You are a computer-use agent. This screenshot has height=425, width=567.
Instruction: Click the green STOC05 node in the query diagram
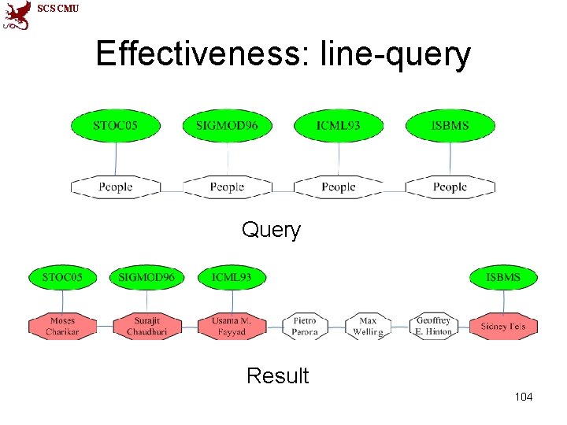coord(116,125)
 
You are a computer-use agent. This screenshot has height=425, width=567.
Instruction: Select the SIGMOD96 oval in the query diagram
coord(227,125)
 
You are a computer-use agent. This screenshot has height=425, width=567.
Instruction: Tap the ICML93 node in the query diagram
coord(339,125)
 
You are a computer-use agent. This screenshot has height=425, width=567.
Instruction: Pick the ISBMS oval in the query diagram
coord(450,125)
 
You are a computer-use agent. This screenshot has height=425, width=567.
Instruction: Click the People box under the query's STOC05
coord(116,187)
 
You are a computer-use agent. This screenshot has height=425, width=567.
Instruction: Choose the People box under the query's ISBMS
coord(450,187)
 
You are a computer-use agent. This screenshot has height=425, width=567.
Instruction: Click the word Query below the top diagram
coord(271,230)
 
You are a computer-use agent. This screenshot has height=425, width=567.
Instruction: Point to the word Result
coord(277,376)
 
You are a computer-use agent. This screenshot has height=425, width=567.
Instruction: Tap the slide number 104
coord(523,397)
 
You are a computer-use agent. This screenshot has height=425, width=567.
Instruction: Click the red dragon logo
coord(17,14)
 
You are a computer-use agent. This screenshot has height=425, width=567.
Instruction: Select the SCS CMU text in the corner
coord(57,8)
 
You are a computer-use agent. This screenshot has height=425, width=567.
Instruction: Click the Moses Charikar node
coord(62,326)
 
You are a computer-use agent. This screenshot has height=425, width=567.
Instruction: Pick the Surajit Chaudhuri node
coord(146,326)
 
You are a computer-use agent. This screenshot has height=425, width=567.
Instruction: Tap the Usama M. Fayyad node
coord(231,326)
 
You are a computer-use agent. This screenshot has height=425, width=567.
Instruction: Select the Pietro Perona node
coord(305,326)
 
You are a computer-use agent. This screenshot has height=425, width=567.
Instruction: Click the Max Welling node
coord(368,326)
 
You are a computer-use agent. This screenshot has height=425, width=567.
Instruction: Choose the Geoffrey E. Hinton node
coord(433,326)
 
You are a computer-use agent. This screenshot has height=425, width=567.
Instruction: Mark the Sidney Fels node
coord(502,326)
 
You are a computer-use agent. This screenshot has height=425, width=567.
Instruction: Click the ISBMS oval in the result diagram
coord(502,278)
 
